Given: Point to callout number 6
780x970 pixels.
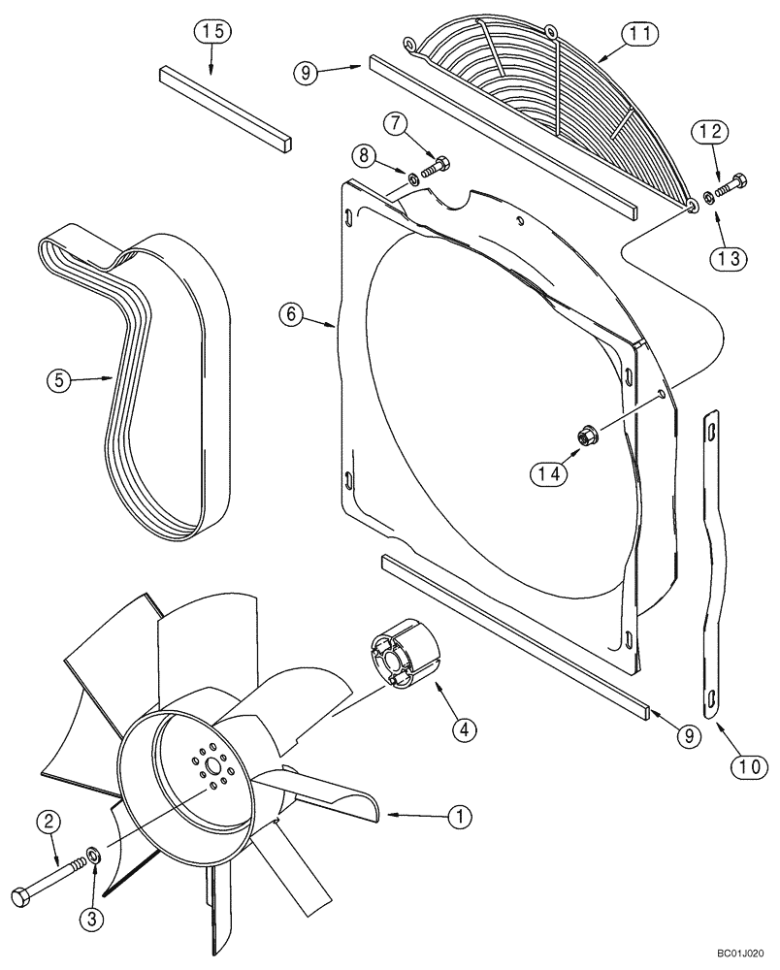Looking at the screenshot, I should (289, 314).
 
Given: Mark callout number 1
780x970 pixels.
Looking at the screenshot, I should (459, 819).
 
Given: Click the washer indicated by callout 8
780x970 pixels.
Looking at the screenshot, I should (412, 178).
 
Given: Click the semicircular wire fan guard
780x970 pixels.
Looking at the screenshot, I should (543, 97).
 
